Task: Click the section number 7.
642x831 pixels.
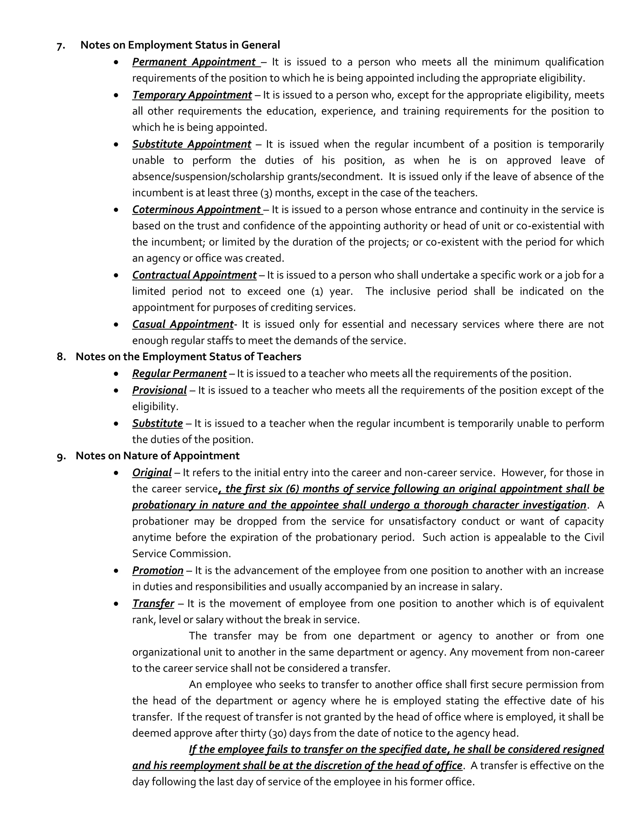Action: (x=61, y=46)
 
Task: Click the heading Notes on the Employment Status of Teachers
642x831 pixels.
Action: (x=188, y=357)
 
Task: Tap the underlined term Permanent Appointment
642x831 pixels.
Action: (x=194, y=62)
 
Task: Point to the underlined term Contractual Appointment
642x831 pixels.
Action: (x=194, y=275)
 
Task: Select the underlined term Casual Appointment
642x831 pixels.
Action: (x=182, y=324)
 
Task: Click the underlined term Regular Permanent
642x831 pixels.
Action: (x=179, y=374)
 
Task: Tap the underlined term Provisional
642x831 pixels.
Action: (x=159, y=390)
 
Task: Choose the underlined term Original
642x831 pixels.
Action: (x=152, y=473)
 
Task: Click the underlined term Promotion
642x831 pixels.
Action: (x=157, y=570)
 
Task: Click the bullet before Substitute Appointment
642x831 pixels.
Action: (x=116, y=145)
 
